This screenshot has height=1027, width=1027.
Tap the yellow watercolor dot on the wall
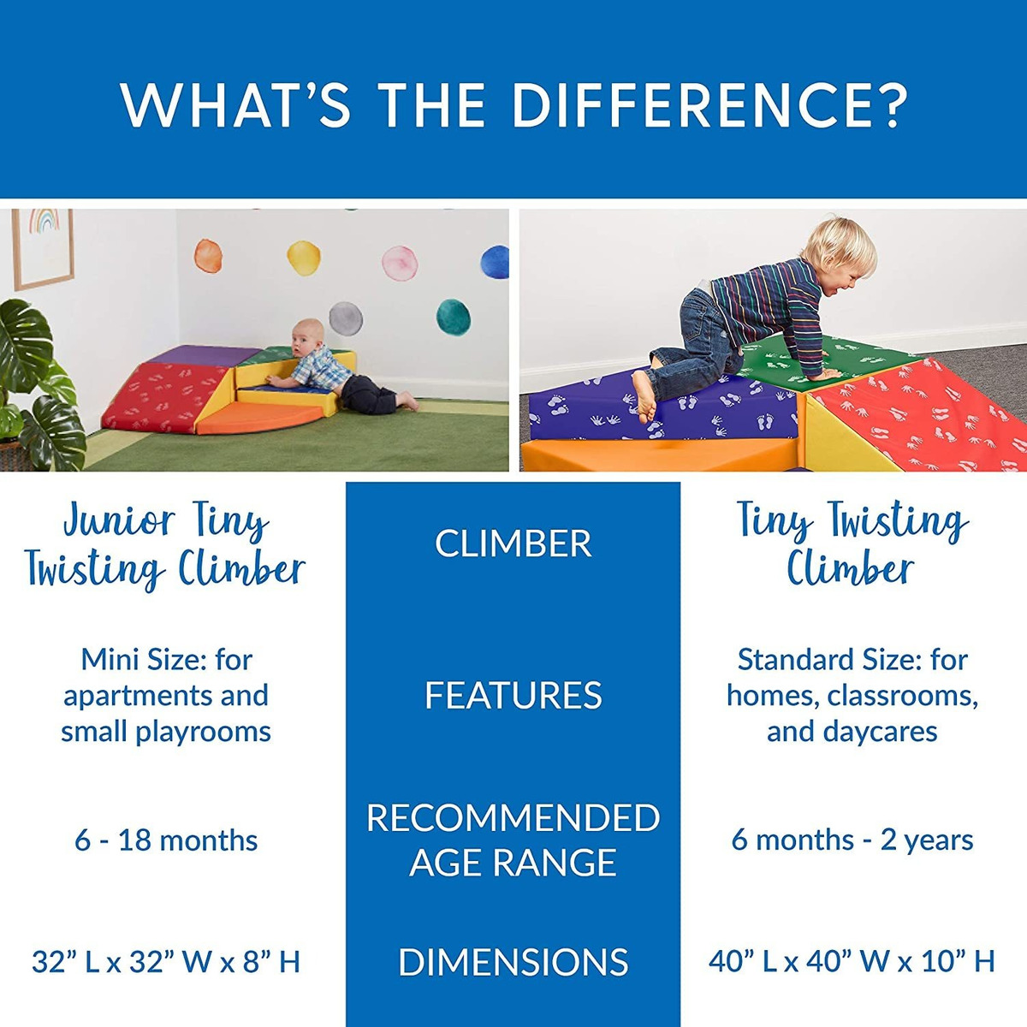tap(304, 258)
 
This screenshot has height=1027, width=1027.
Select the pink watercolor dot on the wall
tap(400, 264)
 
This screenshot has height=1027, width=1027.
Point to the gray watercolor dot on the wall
tap(346, 318)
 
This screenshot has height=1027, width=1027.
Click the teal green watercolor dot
tap(453, 318)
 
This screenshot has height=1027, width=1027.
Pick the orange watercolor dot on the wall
tap(208, 256)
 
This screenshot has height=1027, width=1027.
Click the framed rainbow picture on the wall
tap(43, 248)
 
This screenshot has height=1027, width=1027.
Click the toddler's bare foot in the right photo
tap(644, 395)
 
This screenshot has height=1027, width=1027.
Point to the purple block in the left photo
tap(205, 355)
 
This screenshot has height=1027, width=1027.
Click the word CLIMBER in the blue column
tap(513, 543)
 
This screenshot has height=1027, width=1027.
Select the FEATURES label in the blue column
tap(513, 695)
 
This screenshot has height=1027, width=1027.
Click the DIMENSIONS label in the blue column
tap(513, 962)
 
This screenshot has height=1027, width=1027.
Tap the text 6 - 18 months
tap(166, 840)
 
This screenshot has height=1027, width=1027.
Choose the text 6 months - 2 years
tap(852, 840)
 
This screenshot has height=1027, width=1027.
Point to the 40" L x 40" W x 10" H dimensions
tap(852, 961)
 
